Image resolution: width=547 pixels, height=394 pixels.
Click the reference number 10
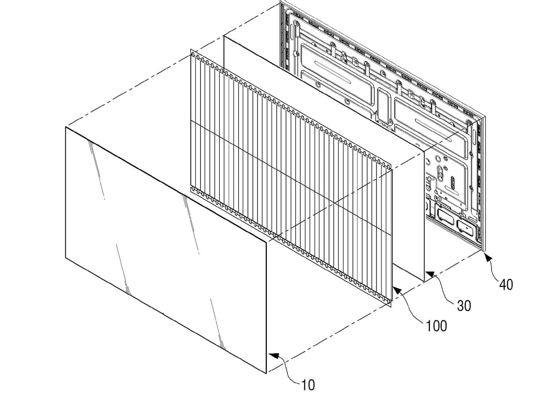click(x=308, y=385)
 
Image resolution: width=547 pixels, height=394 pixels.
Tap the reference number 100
click(x=437, y=326)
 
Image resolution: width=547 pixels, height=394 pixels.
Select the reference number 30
click(x=464, y=305)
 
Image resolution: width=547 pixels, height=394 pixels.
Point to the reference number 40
click(x=506, y=285)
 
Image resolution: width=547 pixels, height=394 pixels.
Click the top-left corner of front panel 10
click(x=65, y=127)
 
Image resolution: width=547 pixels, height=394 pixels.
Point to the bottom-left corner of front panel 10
click(x=65, y=257)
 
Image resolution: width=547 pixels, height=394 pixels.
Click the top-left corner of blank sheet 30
click(x=224, y=36)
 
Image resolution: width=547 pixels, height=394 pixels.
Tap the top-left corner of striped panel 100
click(x=190, y=49)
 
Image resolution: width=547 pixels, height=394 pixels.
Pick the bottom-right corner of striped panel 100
click(x=391, y=307)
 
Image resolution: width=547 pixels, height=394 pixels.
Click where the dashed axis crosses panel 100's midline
click(x=334, y=203)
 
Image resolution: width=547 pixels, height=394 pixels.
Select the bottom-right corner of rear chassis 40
click(x=485, y=251)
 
